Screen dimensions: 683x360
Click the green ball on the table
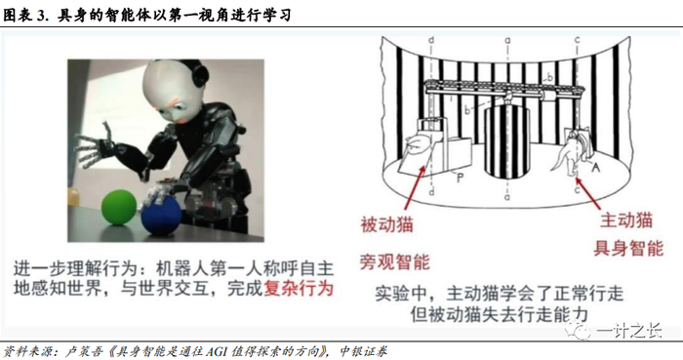pos(119,207)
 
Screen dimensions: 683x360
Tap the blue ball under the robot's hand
pos(161,215)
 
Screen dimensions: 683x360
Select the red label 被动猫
pos(386,224)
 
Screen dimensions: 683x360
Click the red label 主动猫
pos(626,220)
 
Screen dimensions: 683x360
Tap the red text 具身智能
pos(628,248)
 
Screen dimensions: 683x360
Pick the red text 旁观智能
pos(394,261)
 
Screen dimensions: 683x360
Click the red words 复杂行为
pos(299,289)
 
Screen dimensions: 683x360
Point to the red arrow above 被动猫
pos(416,187)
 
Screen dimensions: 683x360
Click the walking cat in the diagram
pos(570,152)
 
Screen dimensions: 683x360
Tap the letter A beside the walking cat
pos(595,166)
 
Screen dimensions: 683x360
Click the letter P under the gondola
pos(460,178)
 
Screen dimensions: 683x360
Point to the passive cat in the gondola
pos(416,145)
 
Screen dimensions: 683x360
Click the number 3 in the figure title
pos(41,16)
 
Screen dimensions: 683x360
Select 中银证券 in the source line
pos(363,351)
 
